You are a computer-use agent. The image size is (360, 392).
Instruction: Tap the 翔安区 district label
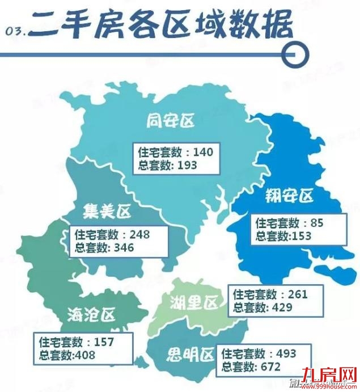click(x=290, y=196)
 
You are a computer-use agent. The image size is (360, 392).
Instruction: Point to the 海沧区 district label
click(x=91, y=313)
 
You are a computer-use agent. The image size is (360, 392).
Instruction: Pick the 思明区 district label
click(x=190, y=356)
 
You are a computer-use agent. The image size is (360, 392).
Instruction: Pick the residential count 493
click(x=286, y=353)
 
